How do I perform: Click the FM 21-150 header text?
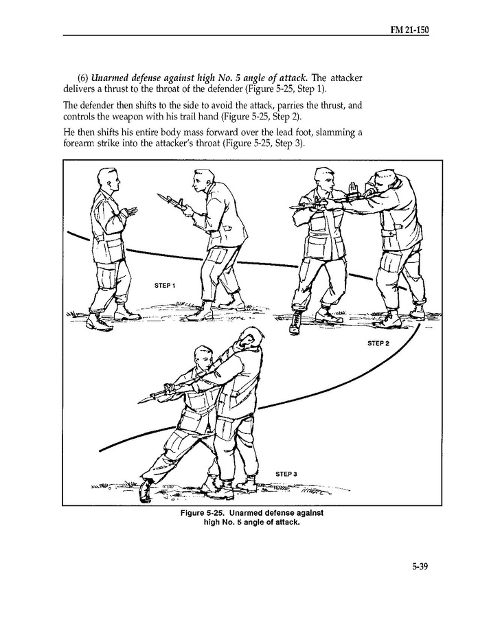tap(409, 30)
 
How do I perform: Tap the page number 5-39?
tap(420, 566)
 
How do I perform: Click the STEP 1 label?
tap(165, 286)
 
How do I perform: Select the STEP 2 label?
tap(378, 343)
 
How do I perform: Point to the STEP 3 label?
tap(286, 474)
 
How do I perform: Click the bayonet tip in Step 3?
tap(139, 402)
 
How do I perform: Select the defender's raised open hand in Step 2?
tap(353, 187)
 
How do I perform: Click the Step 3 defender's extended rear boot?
tap(146, 490)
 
